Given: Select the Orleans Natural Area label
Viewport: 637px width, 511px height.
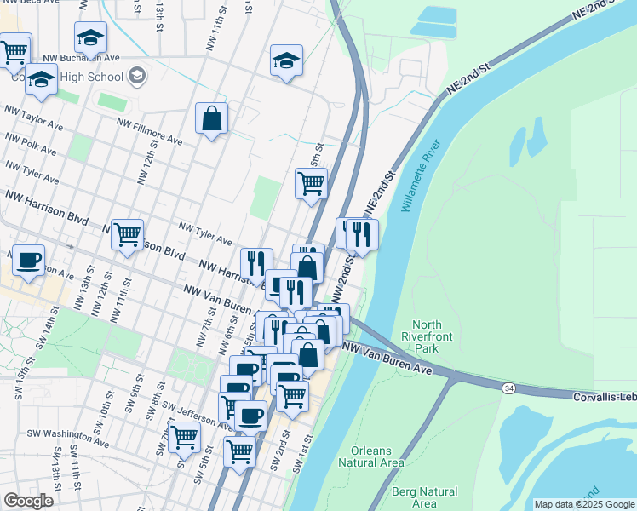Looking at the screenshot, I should (370, 456).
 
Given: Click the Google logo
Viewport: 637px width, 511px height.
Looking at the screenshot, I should (28, 500).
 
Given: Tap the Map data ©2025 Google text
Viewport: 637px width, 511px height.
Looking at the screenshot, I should (583, 504).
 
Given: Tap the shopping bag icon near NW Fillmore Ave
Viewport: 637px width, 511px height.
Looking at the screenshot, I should (211, 119).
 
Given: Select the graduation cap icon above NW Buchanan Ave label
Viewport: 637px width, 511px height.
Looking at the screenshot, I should (90, 37).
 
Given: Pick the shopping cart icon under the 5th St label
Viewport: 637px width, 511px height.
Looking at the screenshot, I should (311, 182).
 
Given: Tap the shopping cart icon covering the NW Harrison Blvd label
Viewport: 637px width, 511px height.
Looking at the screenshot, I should (127, 233).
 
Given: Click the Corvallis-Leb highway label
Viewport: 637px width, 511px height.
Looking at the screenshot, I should (604, 397).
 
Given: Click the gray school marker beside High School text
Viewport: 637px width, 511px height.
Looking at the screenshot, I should (136, 77).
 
